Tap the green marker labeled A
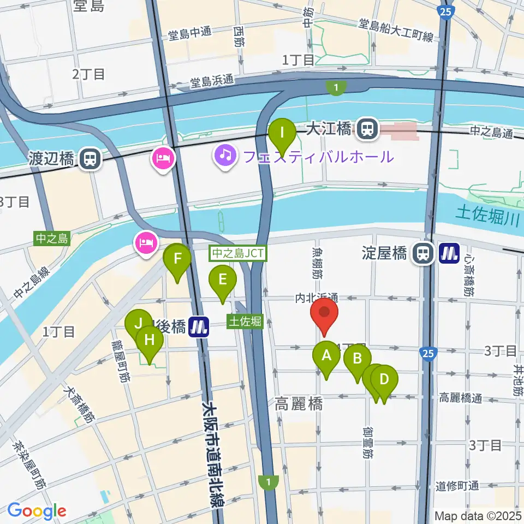click(326, 357)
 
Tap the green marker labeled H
click(150, 342)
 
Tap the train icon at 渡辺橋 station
click(88, 159)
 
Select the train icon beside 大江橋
click(368, 129)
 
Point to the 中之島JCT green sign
click(238, 253)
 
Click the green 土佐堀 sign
click(245, 321)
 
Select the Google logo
click(37, 511)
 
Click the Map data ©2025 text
click(478, 515)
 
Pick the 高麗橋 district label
click(299, 404)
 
